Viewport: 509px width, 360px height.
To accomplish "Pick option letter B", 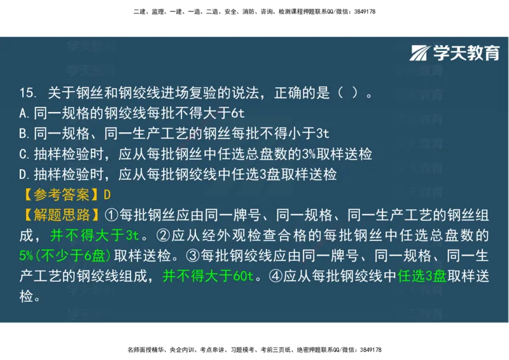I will pos(23,134).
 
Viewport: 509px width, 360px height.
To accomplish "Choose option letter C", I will pos(23,155).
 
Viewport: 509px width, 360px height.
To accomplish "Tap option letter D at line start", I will pos(23,174).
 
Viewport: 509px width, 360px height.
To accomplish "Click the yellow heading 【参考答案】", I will pos(61,195).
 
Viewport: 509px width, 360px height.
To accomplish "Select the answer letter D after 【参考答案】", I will pos(107,195).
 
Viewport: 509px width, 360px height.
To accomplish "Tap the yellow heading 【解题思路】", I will pos(61,215).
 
